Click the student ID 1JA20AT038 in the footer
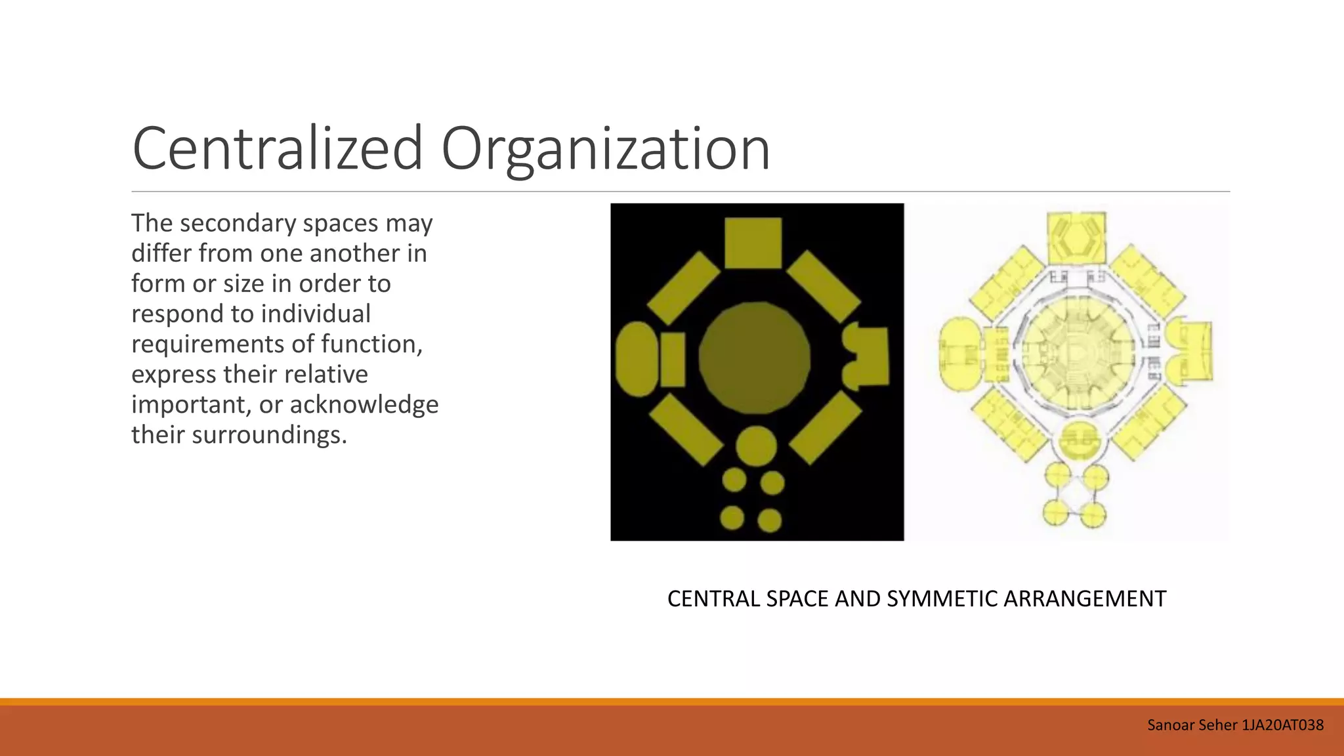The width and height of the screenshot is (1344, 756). coord(1282,725)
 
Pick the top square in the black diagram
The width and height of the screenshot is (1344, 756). coord(753,243)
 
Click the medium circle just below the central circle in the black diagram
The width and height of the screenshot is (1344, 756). coord(756,446)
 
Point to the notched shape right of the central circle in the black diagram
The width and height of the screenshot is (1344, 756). coord(866,356)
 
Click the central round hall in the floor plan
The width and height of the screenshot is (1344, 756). coord(1077,354)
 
